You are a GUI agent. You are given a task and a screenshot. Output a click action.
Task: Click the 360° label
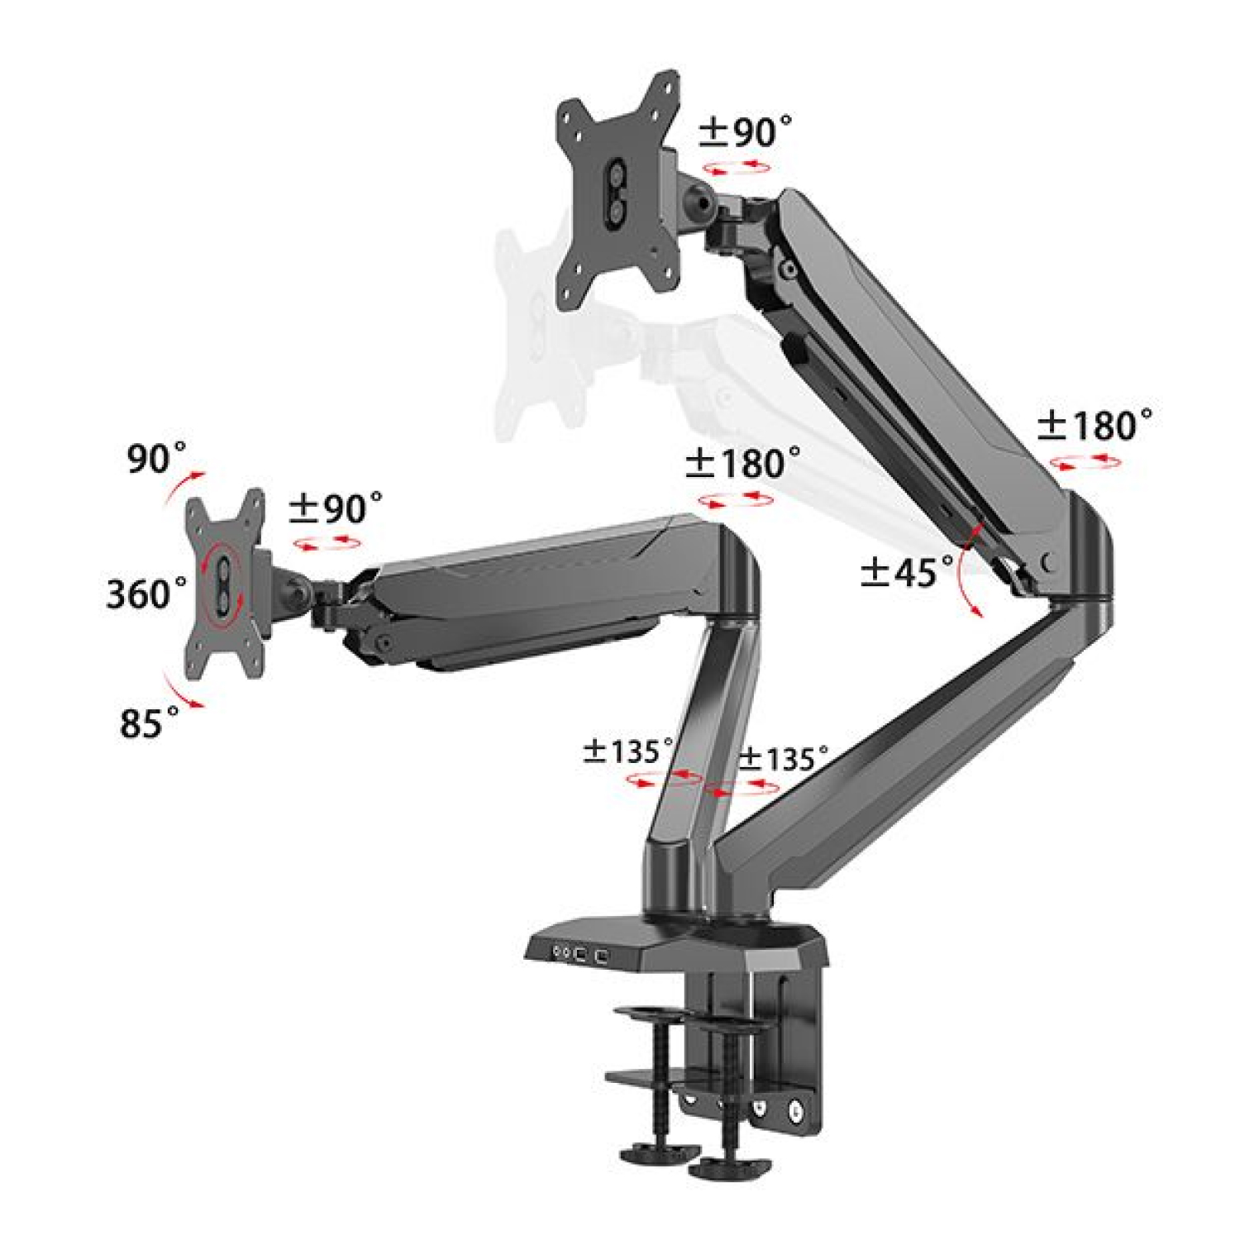click(x=146, y=593)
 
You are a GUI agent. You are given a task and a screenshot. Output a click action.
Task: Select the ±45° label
click(x=907, y=571)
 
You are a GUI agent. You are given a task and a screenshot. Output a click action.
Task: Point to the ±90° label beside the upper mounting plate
click(x=745, y=131)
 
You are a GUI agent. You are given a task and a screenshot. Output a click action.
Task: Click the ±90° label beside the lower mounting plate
click(x=336, y=508)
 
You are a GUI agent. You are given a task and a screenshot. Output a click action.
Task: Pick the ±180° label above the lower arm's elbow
click(x=742, y=463)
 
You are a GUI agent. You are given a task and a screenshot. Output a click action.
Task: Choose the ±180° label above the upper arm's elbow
click(x=1095, y=425)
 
